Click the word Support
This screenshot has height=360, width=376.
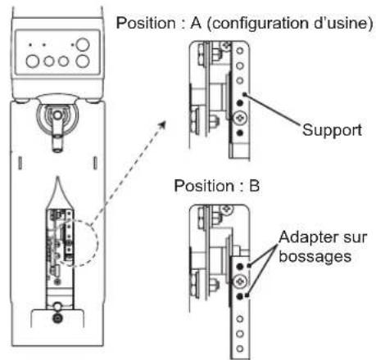point(332,130)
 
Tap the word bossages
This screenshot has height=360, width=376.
point(315,256)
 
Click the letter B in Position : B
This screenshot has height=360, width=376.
point(254,186)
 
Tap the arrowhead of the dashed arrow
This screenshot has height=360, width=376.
point(162,125)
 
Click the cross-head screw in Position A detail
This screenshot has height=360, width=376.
point(240,118)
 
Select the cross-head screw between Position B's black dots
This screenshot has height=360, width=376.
point(240,281)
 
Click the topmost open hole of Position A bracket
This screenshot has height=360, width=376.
point(239,51)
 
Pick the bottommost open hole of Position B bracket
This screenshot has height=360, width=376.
point(239,349)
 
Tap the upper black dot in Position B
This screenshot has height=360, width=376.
point(240,267)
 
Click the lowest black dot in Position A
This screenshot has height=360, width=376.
point(240,133)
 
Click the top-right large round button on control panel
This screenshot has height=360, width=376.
point(83,45)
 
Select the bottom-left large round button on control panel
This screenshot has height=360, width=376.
point(33,61)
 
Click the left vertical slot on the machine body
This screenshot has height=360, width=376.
point(20,163)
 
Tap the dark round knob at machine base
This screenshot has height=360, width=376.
point(57,318)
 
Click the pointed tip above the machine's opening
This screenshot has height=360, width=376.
point(57,178)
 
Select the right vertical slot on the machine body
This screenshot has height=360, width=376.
point(95,163)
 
